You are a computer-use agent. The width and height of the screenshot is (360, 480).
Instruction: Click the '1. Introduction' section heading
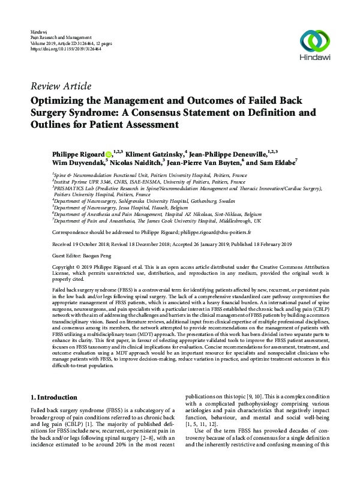click(53, 397)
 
